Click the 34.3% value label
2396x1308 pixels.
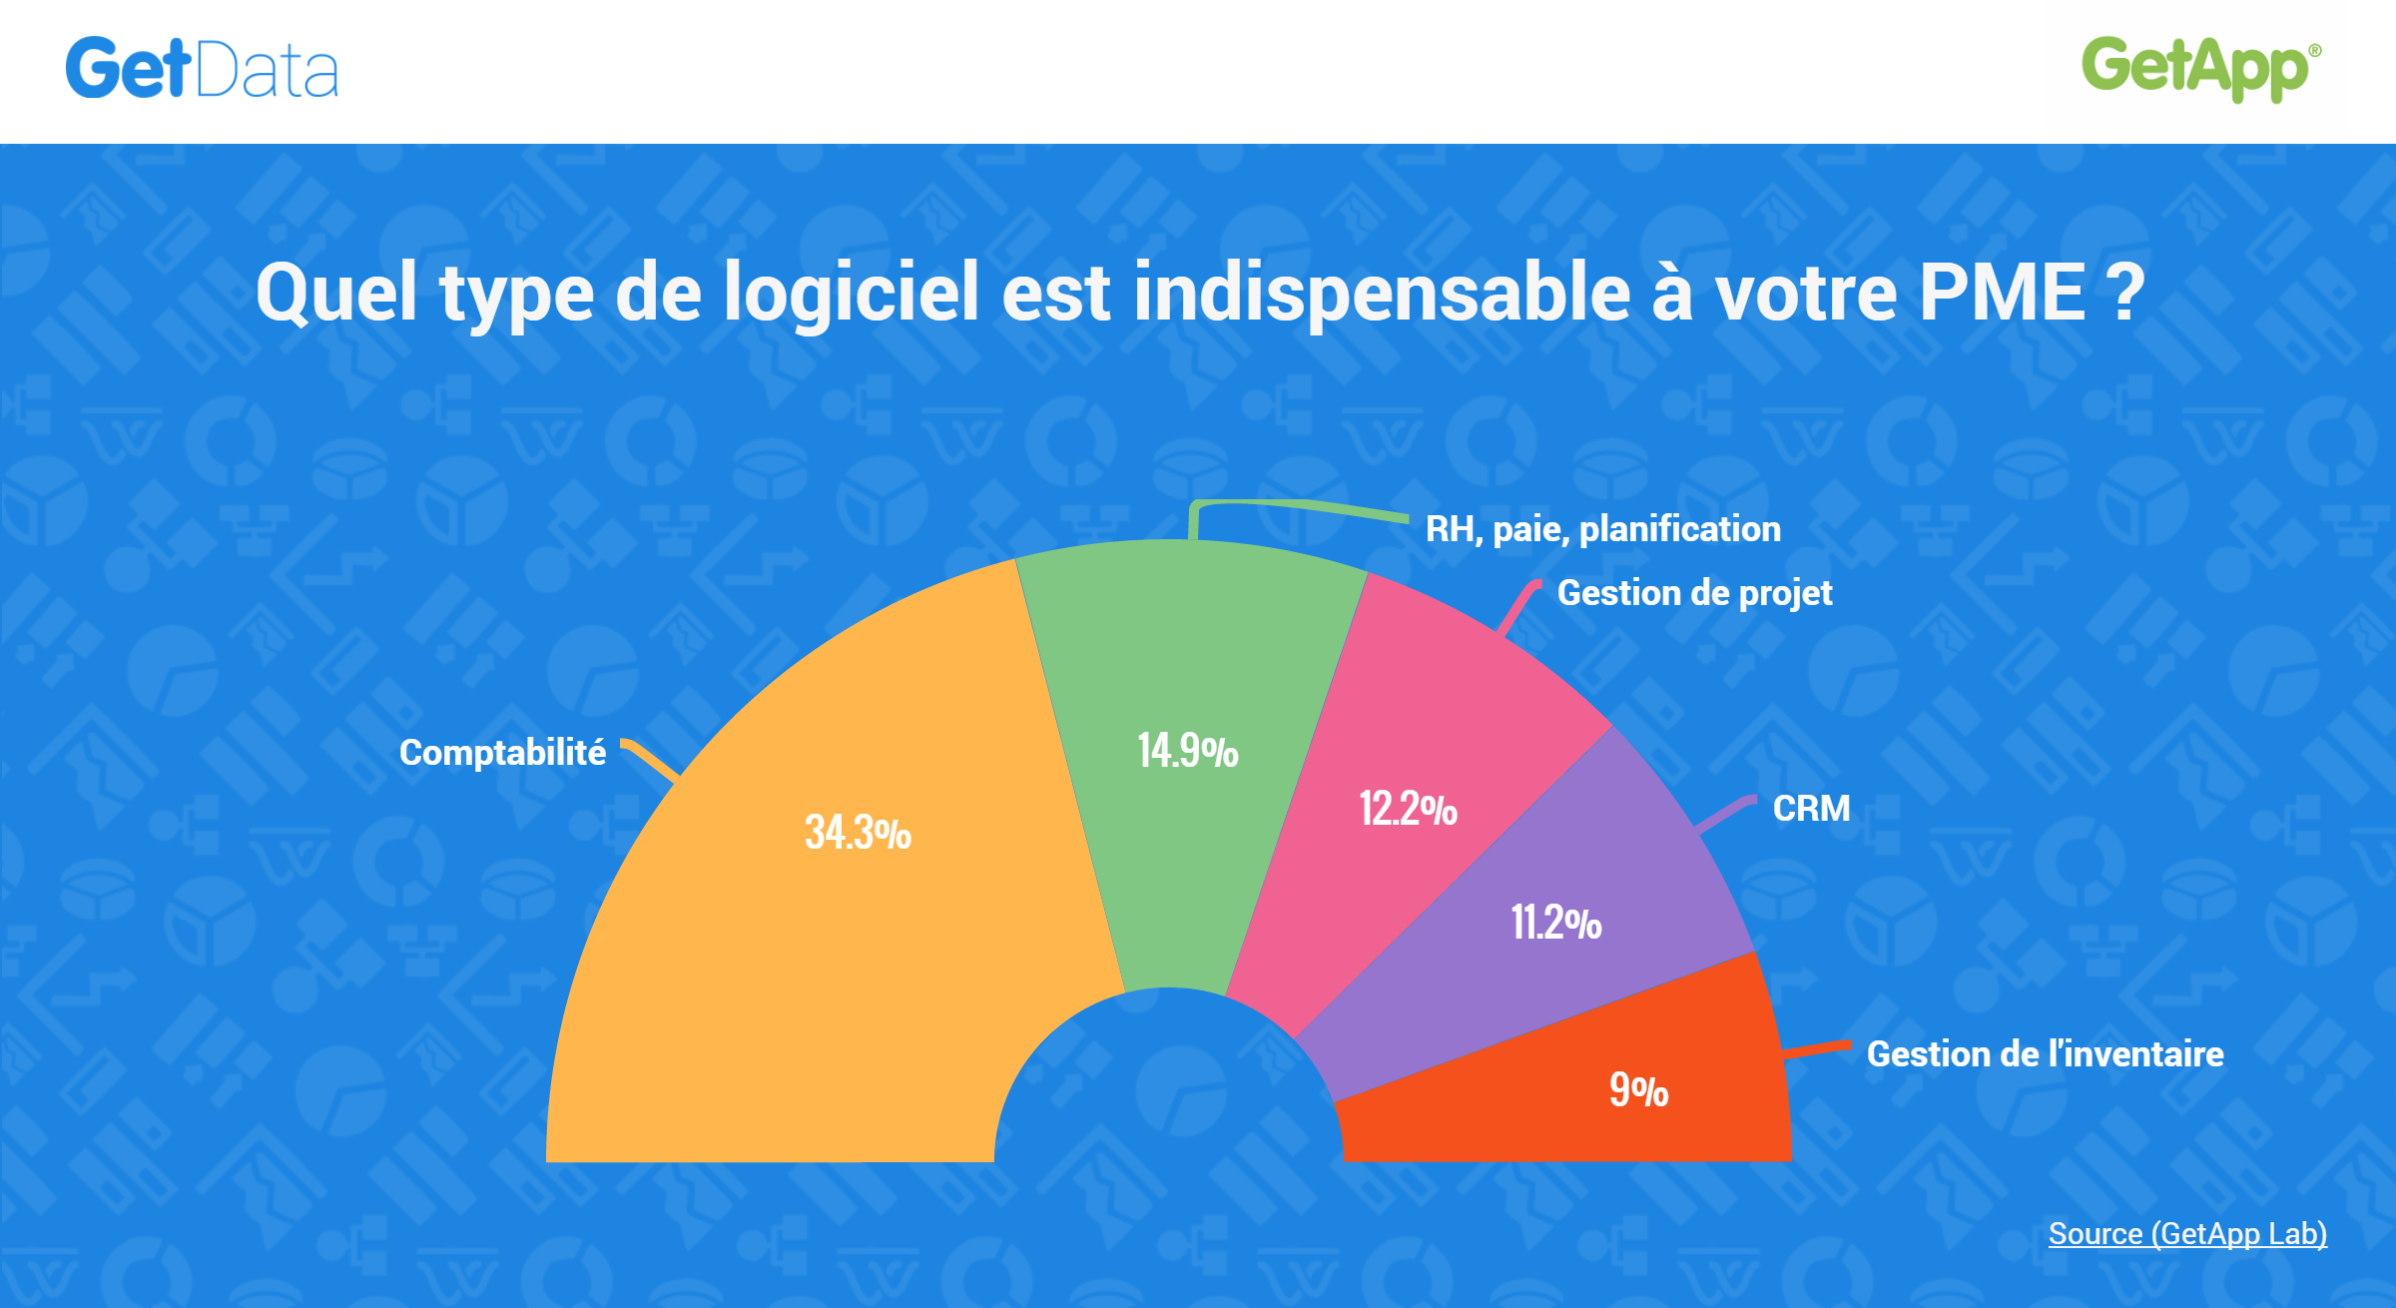coord(858,832)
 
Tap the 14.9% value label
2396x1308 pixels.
coord(1188,751)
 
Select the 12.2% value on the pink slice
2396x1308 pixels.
coord(1408,808)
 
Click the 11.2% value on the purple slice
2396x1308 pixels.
coord(1555,922)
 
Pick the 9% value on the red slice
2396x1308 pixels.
coord(1638,1089)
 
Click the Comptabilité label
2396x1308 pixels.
coord(502,752)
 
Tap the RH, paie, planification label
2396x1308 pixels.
coord(1602,529)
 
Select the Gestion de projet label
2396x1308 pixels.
coord(1694,593)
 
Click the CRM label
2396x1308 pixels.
coord(1811,808)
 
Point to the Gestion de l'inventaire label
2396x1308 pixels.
coord(2045,1053)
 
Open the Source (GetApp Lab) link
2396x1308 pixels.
coord(2187,1233)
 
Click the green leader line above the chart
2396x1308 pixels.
coord(1298,505)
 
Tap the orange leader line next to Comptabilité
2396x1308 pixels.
coord(651,759)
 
